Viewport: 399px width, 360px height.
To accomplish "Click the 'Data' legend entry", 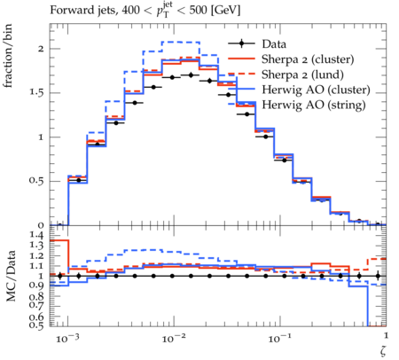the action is tap(274, 44).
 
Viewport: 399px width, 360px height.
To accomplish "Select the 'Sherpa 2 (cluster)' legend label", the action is tap(308, 59).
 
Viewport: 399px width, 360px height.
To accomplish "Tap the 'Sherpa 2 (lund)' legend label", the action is tap(302, 74).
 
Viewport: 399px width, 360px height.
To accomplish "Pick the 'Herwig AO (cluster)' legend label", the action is tap(316, 90).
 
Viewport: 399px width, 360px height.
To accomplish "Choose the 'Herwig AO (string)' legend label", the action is tap(314, 105).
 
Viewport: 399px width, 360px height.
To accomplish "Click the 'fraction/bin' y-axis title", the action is tap(8, 56).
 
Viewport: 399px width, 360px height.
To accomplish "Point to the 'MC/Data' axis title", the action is tap(11, 276).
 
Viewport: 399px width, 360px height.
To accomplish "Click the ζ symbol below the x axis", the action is tap(383, 350).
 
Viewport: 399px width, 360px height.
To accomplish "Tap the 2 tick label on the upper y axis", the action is tap(41, 49).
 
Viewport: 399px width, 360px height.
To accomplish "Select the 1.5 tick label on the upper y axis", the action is tap(36, 93).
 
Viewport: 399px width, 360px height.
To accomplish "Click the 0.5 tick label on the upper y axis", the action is tap(36, 181).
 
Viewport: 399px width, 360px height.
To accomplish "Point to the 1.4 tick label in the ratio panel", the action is tap(36, 236).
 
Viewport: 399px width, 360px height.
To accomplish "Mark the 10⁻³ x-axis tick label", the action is tap(67, 338).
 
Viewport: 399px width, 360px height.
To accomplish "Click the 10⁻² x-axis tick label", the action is tap(174, 338).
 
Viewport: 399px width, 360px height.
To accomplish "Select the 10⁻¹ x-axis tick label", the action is tap(279, 338).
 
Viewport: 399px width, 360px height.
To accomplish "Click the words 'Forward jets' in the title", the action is tap(82, 11).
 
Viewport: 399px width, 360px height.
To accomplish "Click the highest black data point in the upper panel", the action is tap(191, 75).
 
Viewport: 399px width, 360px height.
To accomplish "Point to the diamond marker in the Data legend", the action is tap(241, 43).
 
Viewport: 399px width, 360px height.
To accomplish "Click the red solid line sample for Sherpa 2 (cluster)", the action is tap(241, 59).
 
